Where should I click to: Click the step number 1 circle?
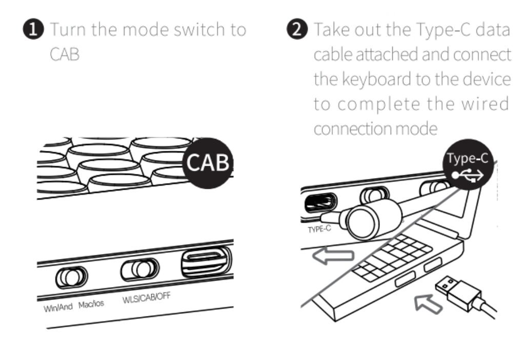tap(33, 29)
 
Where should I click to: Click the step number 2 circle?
tap(297, 29)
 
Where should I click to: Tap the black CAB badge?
tap(208, 163)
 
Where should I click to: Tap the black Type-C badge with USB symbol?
tap(468, 165)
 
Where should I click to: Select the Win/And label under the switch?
tap(58, 307)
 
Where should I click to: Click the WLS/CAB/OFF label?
tap(146, 297)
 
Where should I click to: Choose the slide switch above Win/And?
tap(71, 277)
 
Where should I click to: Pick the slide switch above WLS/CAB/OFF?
tap(140, 269)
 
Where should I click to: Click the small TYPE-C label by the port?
tap(319, 229)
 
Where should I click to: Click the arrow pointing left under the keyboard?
tap(333, 256)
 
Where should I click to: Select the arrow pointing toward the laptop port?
tap(428, 304)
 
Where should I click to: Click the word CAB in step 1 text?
tap(65, 54)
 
